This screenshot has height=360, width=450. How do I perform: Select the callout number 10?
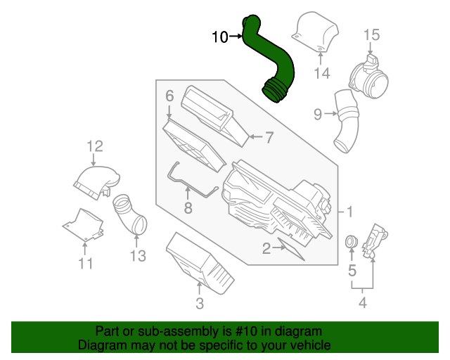coord(219,37)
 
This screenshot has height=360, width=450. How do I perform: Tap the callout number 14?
coord(321,73)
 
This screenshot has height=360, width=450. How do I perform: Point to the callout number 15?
coord(371,34)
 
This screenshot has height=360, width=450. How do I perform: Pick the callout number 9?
coord(317,113)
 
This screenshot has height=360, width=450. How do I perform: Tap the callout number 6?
coord(169,95)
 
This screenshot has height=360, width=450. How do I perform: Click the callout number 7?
coord(268,138)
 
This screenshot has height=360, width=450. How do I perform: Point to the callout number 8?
coord(188,207)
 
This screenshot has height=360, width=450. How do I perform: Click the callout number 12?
coord(95,146)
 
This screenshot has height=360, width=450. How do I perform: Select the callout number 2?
coord(266,247)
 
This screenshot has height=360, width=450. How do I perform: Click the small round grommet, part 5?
coord(351,243)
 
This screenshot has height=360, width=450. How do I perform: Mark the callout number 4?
coord(363,303)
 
